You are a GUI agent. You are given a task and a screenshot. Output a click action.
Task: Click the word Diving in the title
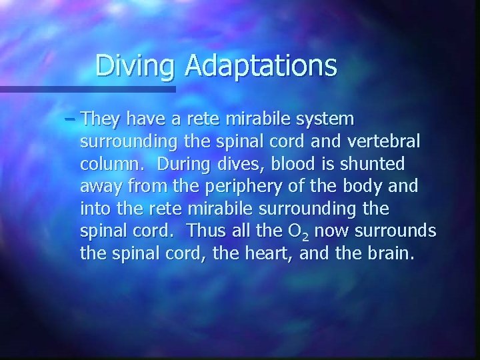click(136, 65)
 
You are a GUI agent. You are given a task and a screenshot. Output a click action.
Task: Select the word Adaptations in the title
click(261, 65)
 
